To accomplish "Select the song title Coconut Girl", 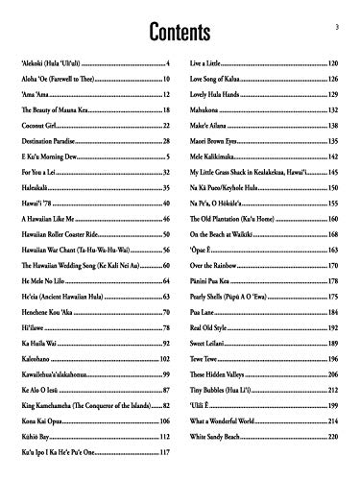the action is click(x=36, y=126).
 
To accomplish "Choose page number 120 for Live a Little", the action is click(x=332, y=62).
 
